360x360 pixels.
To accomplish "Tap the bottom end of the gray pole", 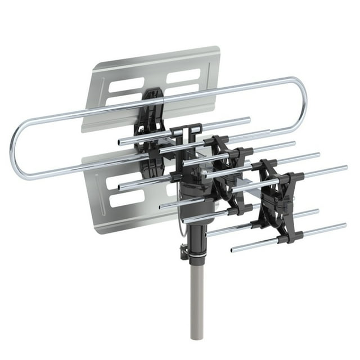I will pos(196,337).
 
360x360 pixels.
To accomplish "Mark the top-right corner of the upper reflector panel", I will pos(218,48).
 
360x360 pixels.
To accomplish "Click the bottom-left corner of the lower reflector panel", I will pos(95,231).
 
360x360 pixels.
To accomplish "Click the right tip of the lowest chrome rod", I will pos(344,226).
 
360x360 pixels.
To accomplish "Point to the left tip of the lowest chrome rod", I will pos(233,249).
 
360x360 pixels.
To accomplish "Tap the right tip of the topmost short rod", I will pos(248,119).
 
